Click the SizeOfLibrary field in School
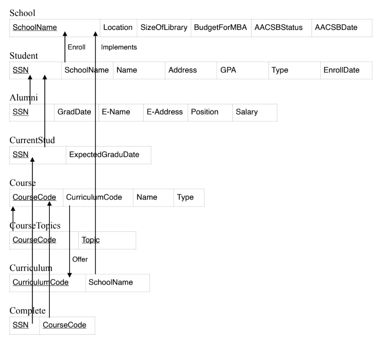164,28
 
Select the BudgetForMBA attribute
220,28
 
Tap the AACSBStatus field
278,28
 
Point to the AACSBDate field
336,28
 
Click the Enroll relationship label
76,47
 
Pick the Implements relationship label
119,47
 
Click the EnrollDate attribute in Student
342,70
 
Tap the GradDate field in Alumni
74,112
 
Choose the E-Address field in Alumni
164,112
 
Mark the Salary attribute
247,112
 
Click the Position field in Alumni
205,112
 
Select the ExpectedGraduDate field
104,155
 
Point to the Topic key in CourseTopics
90,240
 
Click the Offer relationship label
80,259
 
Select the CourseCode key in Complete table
64,325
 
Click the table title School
22,13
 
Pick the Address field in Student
182,70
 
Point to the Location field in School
118,28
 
